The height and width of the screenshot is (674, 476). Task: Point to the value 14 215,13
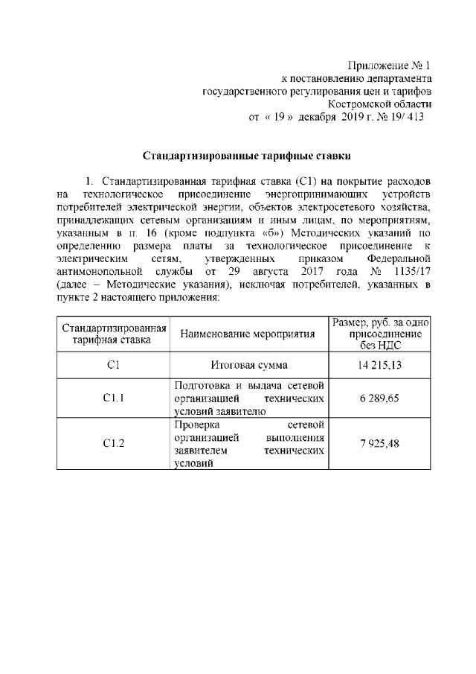coord(380,364)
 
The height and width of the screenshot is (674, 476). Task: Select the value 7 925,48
coord(380,442)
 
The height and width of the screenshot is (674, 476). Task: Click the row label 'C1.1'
coord(113,398)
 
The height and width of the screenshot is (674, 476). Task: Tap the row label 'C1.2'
coord(113,442)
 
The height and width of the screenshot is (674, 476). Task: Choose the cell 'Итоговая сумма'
coord(249,364)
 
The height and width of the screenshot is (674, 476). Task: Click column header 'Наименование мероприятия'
coord(249,334)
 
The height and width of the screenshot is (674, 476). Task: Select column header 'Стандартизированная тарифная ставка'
coord(113,334)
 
